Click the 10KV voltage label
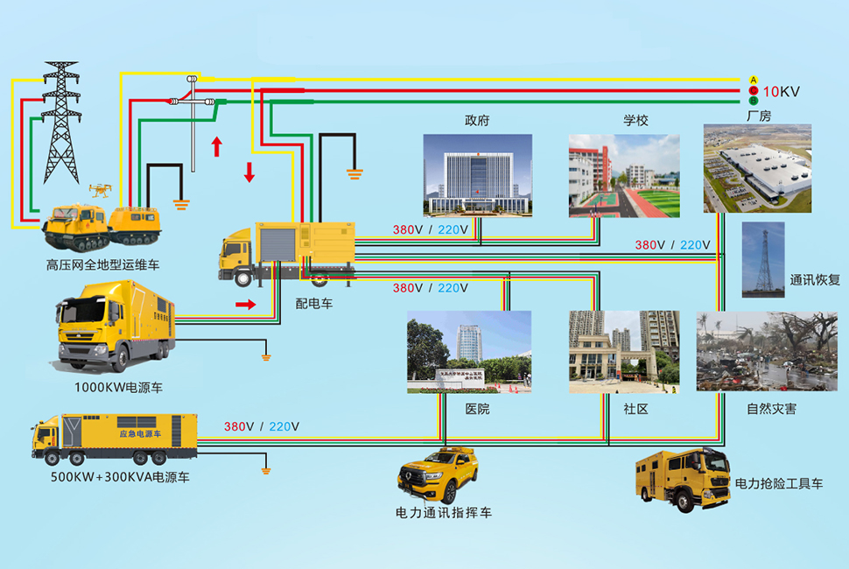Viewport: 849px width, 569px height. click(781, 91)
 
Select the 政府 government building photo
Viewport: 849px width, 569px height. click(477, 175)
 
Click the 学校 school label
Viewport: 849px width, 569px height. click(635, 120)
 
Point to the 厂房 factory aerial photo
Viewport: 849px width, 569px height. click(757, 169)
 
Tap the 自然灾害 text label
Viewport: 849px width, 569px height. click(771, 409)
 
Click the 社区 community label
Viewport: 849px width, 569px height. click(635, 409)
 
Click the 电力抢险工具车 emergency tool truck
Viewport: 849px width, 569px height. click(682, 479)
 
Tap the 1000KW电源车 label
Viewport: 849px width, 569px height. click(118, 386)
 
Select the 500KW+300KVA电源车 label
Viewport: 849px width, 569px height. click(120, 478)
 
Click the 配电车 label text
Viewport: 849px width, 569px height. click(314, 303)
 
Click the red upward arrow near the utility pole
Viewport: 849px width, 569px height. click(216, 145)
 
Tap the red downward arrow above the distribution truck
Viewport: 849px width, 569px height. click(249, 172)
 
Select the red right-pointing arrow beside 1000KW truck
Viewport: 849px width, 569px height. click(247, 305)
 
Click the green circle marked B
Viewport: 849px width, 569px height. click(753, 102)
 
